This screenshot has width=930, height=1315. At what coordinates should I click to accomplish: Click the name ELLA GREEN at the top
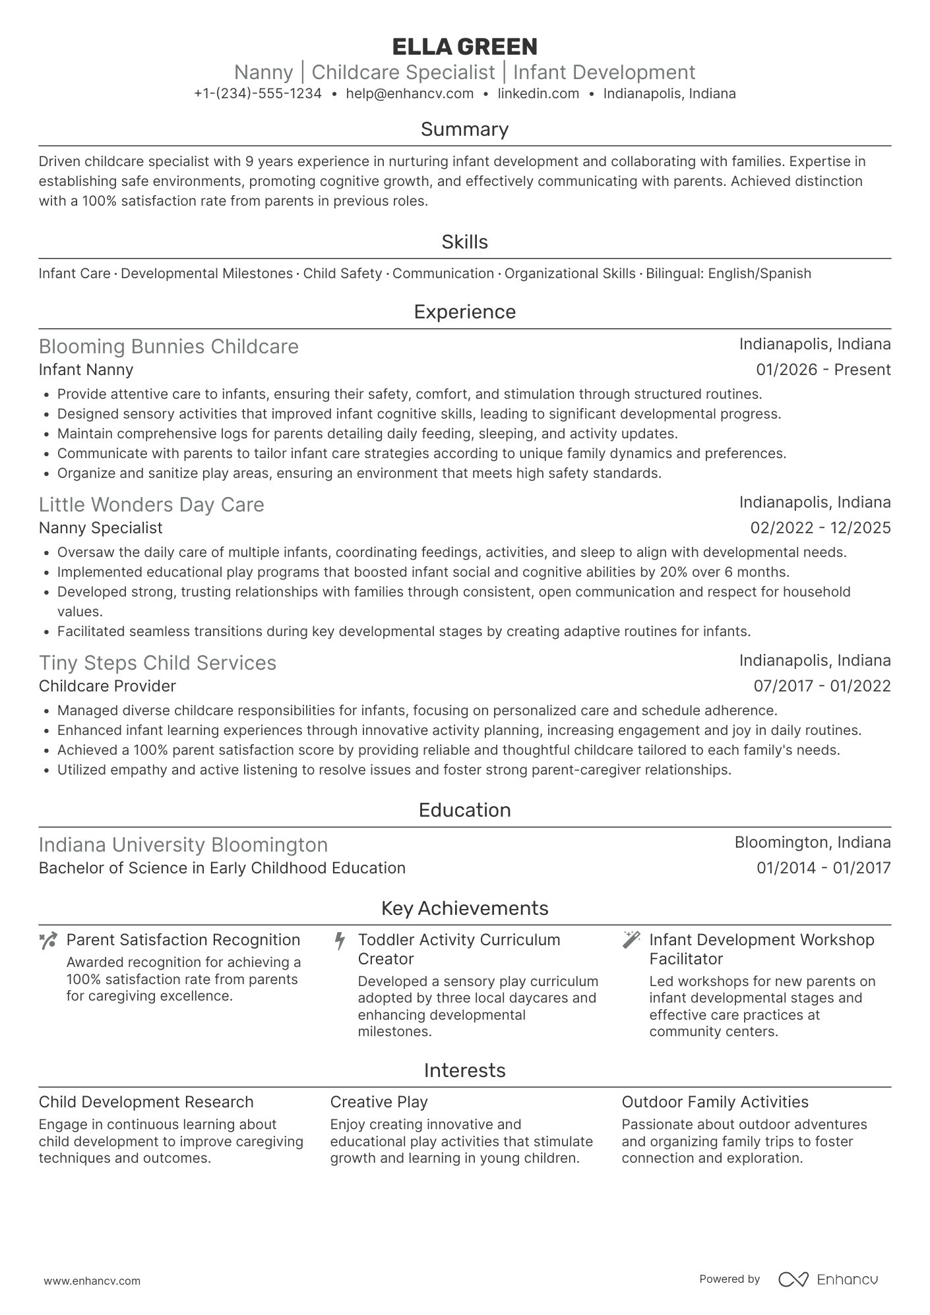tap(464, 47)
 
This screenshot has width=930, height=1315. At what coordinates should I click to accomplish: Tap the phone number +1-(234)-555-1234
tap(258, 94)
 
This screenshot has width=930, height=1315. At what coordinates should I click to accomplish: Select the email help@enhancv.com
tap(410, 94)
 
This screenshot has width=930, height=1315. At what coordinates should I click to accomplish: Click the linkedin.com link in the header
tap(538, 94)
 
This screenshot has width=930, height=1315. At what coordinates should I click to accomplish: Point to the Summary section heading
tap(464, 129)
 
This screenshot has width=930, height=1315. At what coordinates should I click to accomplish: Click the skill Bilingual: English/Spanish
tap(728, 274)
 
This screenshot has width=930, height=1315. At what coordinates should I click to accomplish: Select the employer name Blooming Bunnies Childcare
tap(169, 347)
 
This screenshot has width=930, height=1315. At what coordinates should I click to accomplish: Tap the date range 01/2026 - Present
tap(823, 370)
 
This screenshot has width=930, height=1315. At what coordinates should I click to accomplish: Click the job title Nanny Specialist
tap(100, 528)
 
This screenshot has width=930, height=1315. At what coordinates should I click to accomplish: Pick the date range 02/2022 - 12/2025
tap(821, 528)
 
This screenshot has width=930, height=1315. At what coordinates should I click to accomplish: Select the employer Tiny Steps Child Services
tap(158, 663)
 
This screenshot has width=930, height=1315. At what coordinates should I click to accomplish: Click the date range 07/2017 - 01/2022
tap(822, 686)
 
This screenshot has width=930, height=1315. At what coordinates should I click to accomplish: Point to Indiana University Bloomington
tap(183, 845)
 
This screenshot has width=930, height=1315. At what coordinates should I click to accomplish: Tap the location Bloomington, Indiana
tap(813, 842)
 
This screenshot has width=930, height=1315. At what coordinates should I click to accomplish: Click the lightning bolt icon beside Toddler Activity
tap(340, 941)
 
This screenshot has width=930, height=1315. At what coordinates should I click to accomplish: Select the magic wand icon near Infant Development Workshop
tap(631, 940)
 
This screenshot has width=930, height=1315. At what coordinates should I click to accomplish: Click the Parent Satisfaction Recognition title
tap(183, 940)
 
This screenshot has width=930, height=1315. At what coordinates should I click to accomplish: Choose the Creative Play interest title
tap(379, 1102)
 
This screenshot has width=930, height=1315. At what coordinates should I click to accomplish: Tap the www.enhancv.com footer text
tap(92, 1281)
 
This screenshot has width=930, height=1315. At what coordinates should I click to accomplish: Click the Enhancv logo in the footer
tap(828, 1279)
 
